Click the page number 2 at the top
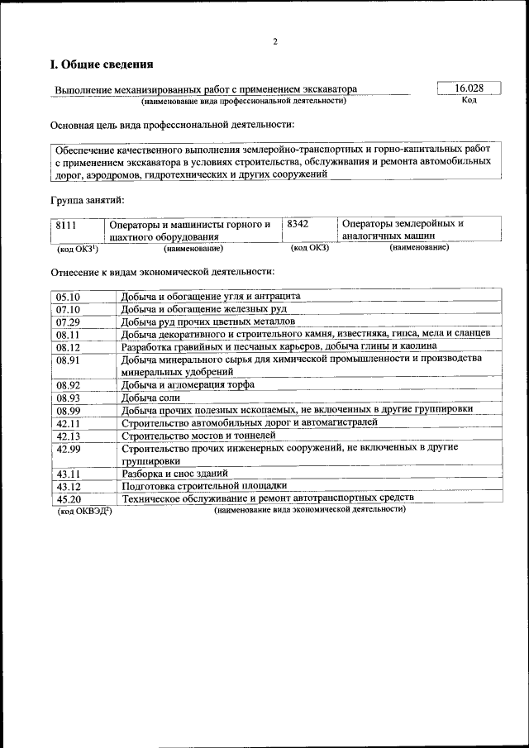click(x=275, y=41)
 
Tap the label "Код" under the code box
click(x=469, y=101)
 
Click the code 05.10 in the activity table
click(x=68, y=296)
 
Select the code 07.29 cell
click(x=68, y=322)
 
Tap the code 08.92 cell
click(x=68, y=384)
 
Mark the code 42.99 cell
click(x=68, y=448)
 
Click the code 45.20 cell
click(x=68, y=499)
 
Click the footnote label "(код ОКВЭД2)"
click(x=83, y=512)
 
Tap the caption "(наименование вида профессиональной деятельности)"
click(x=243, y=102)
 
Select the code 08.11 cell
click(x=68, y=335)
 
